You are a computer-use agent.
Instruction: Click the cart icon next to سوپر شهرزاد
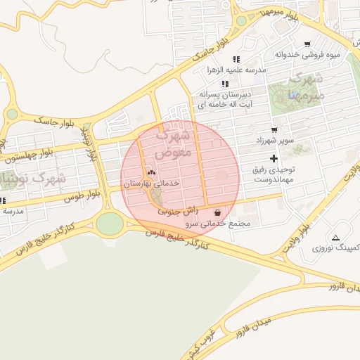click(274, 129)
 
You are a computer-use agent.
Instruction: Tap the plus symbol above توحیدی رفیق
click(274, 159)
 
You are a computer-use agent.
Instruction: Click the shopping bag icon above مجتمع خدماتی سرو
click(217, 212)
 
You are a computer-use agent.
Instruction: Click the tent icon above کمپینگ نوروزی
click(335, 238)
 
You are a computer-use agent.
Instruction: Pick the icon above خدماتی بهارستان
click(150, 172)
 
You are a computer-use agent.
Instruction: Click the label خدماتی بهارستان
click(152, 183)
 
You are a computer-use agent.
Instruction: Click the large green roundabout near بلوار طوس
click(110, 224)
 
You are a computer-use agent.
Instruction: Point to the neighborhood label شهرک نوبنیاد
click(34, 179)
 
